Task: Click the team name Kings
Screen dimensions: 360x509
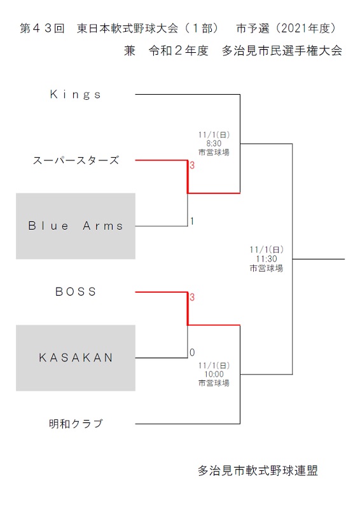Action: (x=75, y=94)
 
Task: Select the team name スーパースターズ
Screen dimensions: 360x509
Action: (x=76, y=160)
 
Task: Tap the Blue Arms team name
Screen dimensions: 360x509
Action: (x=76, y=226)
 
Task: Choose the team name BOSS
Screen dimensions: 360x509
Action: (x=76, y=291)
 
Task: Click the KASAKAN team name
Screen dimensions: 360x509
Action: (x=76, y=358)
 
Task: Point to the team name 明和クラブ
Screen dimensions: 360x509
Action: (x=76, y=424)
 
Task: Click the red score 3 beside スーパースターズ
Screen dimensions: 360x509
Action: (x=192, y=165)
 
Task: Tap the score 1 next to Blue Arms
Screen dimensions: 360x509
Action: (x=192, y=221)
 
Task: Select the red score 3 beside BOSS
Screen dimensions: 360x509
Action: (x=192, y=297)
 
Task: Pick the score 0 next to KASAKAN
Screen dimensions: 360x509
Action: (x=192, y=352)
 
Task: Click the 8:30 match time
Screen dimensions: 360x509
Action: (x=214, y=144)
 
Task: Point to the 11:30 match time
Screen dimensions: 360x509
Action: (x=267, y=259)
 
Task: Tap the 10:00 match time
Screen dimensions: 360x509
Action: (x=214, y=374)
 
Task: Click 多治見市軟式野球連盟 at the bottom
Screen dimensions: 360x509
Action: (x=258, y=471)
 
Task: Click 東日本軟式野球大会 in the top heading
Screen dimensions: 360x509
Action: (x=128, y=29)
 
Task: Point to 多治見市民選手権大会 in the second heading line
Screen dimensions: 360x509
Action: (x=282, y=51)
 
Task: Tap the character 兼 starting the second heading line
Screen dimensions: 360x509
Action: (x=130, y=51)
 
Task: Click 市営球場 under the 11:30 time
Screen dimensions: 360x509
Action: (x=267, y=268)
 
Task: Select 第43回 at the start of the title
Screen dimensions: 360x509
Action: (x=42, y=29)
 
